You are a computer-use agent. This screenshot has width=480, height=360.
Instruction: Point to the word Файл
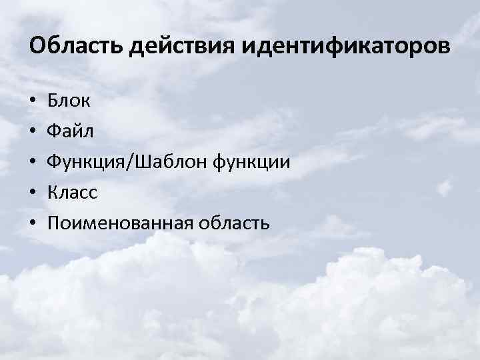click(x=71, y=131)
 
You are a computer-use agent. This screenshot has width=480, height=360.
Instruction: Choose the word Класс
click(x=73, y=192)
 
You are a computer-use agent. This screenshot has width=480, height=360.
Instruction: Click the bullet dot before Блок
click(x=33, y=102)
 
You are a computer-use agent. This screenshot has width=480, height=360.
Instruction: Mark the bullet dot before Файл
click(x=33, y=132)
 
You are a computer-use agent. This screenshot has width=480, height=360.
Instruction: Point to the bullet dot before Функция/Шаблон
click(x=33, y=163)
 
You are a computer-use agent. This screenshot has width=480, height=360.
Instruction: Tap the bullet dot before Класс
click(x=33, y=193)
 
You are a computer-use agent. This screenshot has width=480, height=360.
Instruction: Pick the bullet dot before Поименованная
click(x=33, y=223)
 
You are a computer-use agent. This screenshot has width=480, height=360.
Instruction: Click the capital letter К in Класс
click(x=53, y=192)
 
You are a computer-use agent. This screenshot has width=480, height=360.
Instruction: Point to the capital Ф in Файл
click(x=54, y=131)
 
